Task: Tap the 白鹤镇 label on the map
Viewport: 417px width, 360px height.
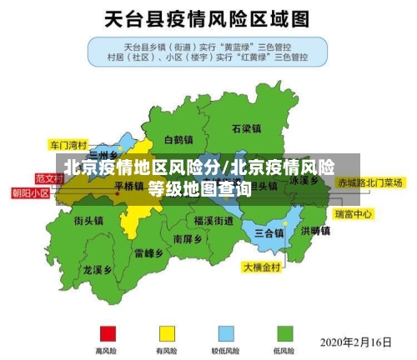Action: (x=178, y=139)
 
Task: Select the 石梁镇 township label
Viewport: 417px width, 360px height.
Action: (x=246, y=129)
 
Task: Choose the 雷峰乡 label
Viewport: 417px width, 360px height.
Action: (x=149, y=252)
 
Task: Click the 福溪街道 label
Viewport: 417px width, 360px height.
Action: (x=214, y=221)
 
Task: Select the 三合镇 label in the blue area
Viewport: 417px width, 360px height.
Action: (x=269, y=232)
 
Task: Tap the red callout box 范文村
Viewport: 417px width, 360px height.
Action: (x=49, y=177)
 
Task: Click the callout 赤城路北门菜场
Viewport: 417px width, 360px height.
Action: (x=370, y=182)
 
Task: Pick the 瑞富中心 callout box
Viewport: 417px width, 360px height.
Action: (x=353, y=214)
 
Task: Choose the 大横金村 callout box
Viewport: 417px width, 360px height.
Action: (x=263, y=267)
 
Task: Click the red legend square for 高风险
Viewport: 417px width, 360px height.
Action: (x=107, y=332)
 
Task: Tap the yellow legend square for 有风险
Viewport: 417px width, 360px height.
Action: (x=167, y=332)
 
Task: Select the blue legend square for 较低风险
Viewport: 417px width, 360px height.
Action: (x=226, y=332)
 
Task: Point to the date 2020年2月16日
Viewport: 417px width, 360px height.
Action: (x=356, y=341)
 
